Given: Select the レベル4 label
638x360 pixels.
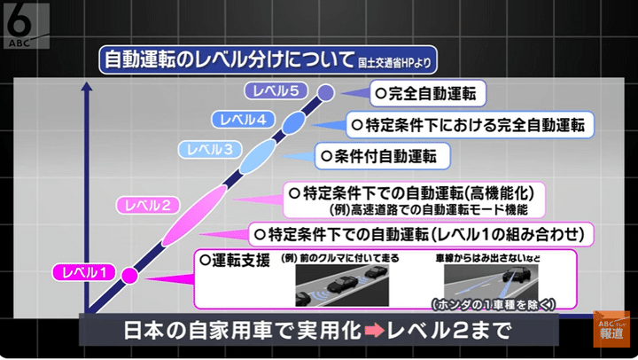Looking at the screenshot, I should (x=238, y=118).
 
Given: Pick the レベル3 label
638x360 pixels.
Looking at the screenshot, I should (x=206, y=148).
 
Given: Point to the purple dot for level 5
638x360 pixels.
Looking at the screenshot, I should (x=325, y=91).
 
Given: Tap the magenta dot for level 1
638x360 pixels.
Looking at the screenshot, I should (x=128, y=274).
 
